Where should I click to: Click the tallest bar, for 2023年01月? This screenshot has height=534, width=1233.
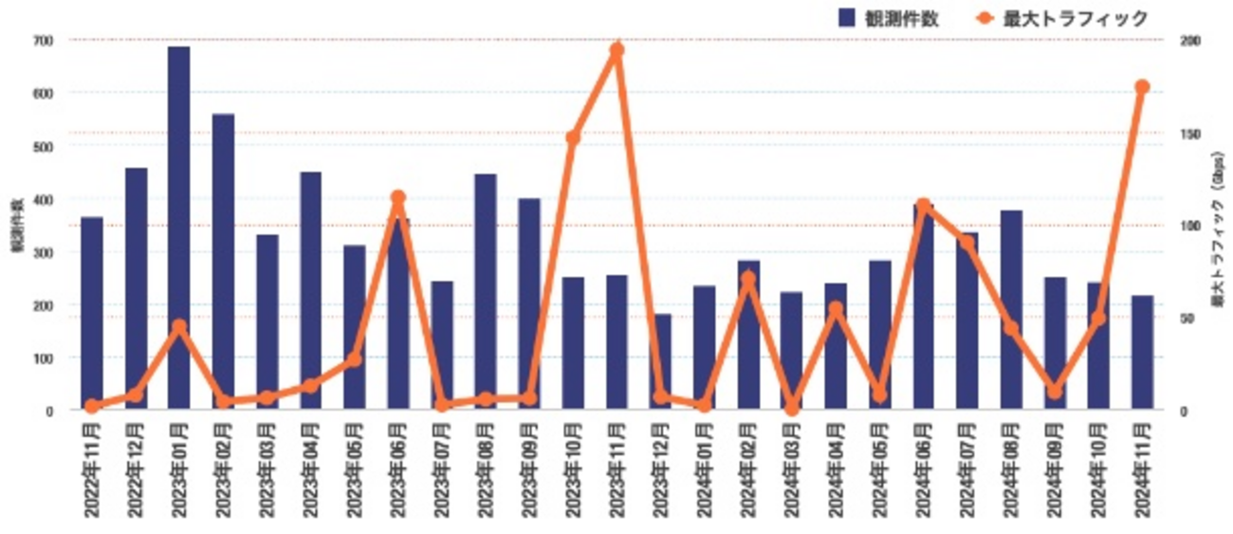pyautogui.click(x=178, y=228)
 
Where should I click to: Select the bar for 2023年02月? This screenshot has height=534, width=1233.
pyautogui.click(x=223, y=262)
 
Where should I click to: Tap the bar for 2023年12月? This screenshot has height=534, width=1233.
pyautogui.click(x=661, y=361)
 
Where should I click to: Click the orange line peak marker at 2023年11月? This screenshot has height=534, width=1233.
pyautogui.click(x=616, y=50)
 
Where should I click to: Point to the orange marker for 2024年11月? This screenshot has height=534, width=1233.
pyautogui.click(x=1142, y=87)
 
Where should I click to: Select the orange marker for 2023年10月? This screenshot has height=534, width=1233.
pyautogui.click(x=573, y=138)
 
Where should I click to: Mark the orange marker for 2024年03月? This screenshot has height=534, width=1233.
pyautogui.click(x=792, y=408)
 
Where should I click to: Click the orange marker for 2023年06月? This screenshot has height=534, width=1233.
pyautogui.click(x=398, y=198)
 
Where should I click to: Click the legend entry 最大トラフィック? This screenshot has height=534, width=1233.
pyautogui.click(x=1061, y=18)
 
